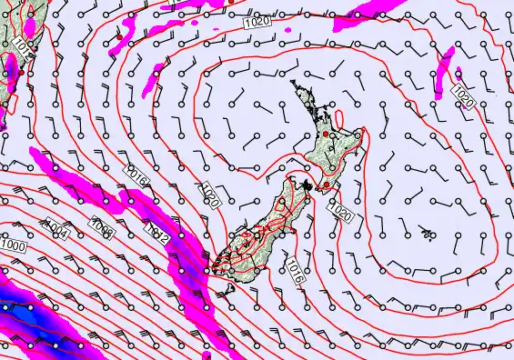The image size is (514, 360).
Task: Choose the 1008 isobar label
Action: [x=103, y=228]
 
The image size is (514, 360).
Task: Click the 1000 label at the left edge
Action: [x=13, y=246]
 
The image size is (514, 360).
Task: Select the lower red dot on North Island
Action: [x=326, y=184]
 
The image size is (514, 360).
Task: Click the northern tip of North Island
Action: [x=294, y=83]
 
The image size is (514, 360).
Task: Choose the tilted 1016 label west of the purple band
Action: [x=138, y=172]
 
